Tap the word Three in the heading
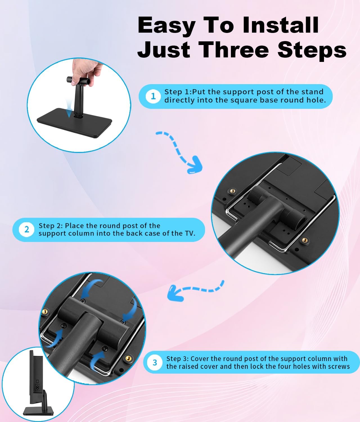tap(233, 50)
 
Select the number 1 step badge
tap(153, 96)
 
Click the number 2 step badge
tap(26, 230)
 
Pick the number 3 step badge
tap(155, 362)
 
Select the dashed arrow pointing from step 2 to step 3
tap(196, 289)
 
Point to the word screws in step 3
tap(339, 367)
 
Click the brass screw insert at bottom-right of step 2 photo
tap(305, 240)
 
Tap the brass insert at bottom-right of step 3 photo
tap(128, 358)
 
